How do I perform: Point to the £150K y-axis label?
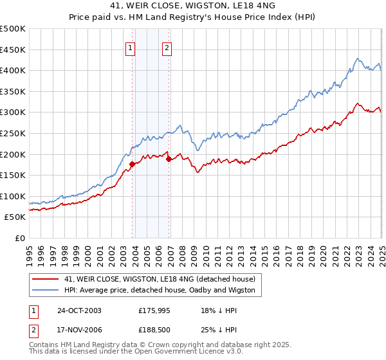click(x=12, y=175)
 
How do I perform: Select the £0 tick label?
click(x=19, y=239)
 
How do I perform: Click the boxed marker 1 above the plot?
click(x=131, y=47)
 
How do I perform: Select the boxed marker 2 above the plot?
click(x=167, y=47)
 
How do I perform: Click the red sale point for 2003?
click(x=132, y=164)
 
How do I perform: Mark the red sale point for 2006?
click(x=169, y=159)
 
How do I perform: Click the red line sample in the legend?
click(x=46, y=279)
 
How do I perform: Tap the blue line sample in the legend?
click(x=46, y=290)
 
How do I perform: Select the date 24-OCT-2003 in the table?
click(x=79, y=310)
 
